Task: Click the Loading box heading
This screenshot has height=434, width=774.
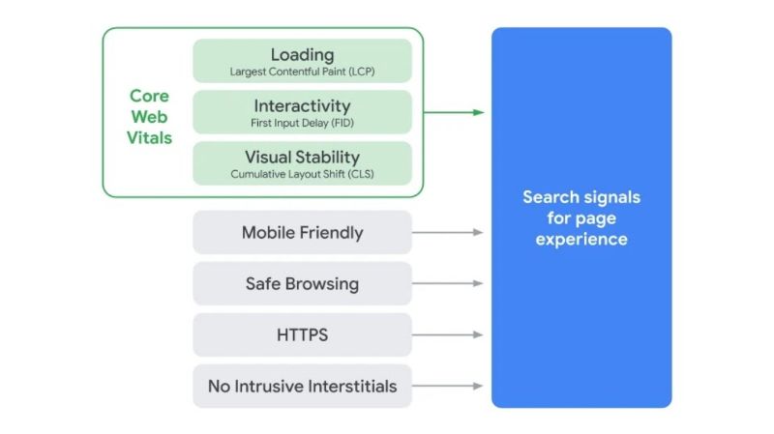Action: (302, 54)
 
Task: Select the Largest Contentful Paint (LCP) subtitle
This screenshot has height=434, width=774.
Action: (302, 72)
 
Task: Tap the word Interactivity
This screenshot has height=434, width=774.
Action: (302, 105)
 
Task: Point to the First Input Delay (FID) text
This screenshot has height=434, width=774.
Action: (302, 123)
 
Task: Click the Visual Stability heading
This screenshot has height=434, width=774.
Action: (302, 157)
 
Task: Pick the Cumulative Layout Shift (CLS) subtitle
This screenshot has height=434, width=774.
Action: (302, 174)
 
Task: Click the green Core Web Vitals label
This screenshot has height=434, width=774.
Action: (149, 117)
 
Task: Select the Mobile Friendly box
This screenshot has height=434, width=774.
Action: (302, 232)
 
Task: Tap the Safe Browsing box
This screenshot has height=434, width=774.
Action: (302, 283)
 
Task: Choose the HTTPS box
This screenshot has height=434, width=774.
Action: (302, 335)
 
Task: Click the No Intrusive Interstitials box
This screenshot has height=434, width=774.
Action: (302, 387)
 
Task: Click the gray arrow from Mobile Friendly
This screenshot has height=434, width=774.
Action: (447, 232)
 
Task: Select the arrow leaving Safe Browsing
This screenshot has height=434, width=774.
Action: (447, 283)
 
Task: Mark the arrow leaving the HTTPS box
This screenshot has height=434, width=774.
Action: (447, 335)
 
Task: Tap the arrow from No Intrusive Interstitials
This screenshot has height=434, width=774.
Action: (447, 387)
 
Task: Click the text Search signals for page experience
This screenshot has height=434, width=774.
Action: (581, 217)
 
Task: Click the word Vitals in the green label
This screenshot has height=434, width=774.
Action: (149, 138)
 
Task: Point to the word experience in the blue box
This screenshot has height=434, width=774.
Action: (581, 239)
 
